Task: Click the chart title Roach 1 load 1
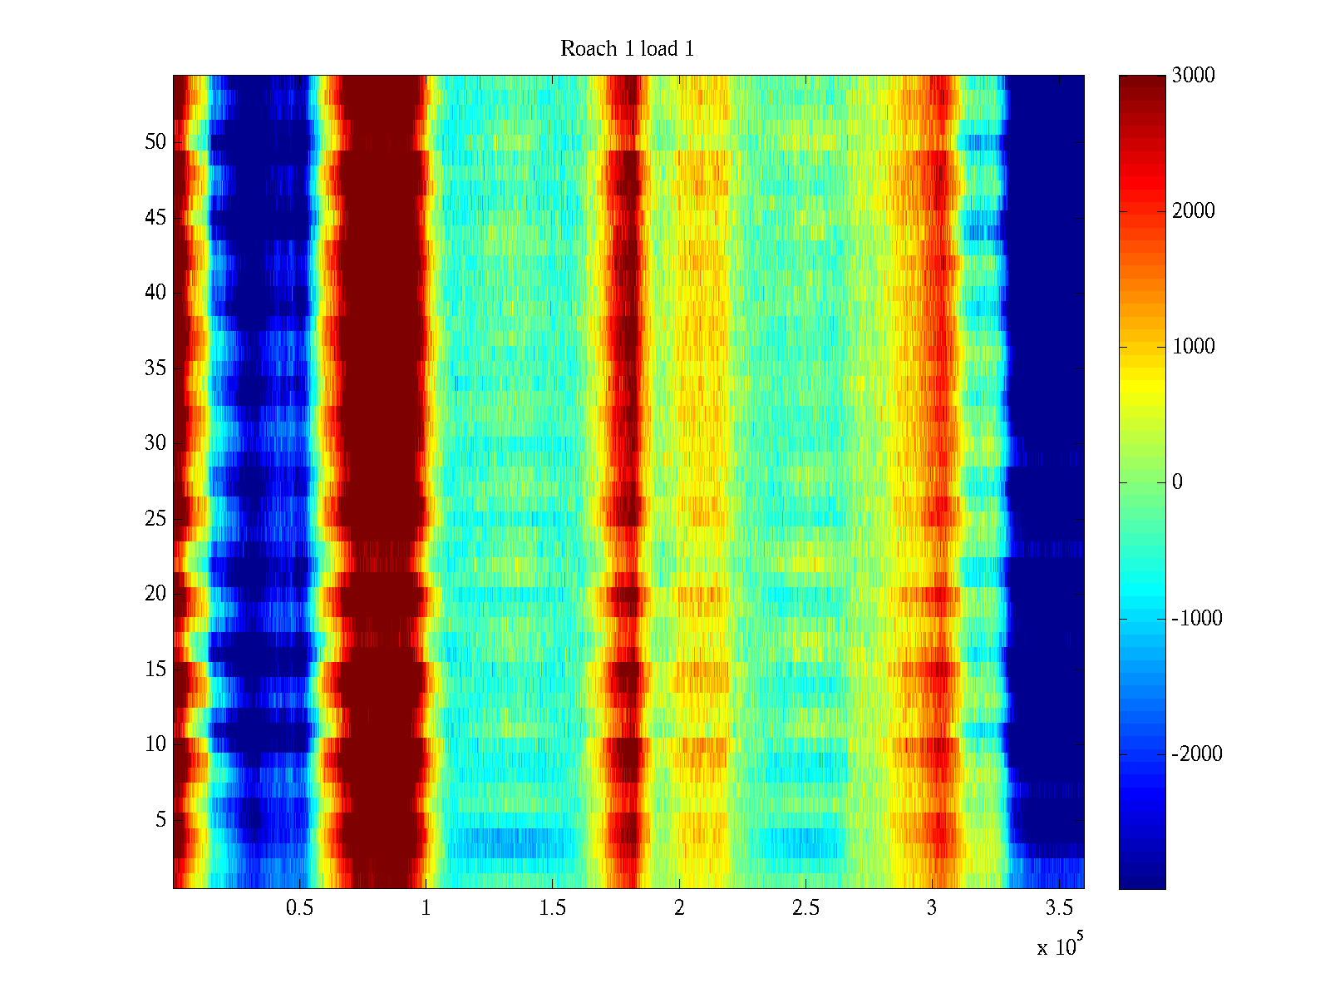(627, 49)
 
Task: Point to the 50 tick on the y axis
(155, 142)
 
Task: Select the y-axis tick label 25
(155, 519)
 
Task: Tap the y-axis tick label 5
(160, 820)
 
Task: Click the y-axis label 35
(155, 368)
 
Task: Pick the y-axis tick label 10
(155, 744)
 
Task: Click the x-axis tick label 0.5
(299, 908)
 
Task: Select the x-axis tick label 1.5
(553, 908)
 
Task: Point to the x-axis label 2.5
(805, 908)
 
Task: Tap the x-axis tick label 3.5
(1058, 908)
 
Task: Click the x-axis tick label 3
(932, 908)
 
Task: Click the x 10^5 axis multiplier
(1060, 946)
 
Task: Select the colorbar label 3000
(1194, 76)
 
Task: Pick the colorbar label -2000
(1197, 754)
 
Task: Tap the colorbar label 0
(1177, 482)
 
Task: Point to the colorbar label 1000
(1194, 347)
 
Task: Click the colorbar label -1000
(1197, 619)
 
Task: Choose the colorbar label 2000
(1194, 211)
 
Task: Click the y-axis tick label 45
(155, 218)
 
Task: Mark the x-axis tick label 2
(679, 908)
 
